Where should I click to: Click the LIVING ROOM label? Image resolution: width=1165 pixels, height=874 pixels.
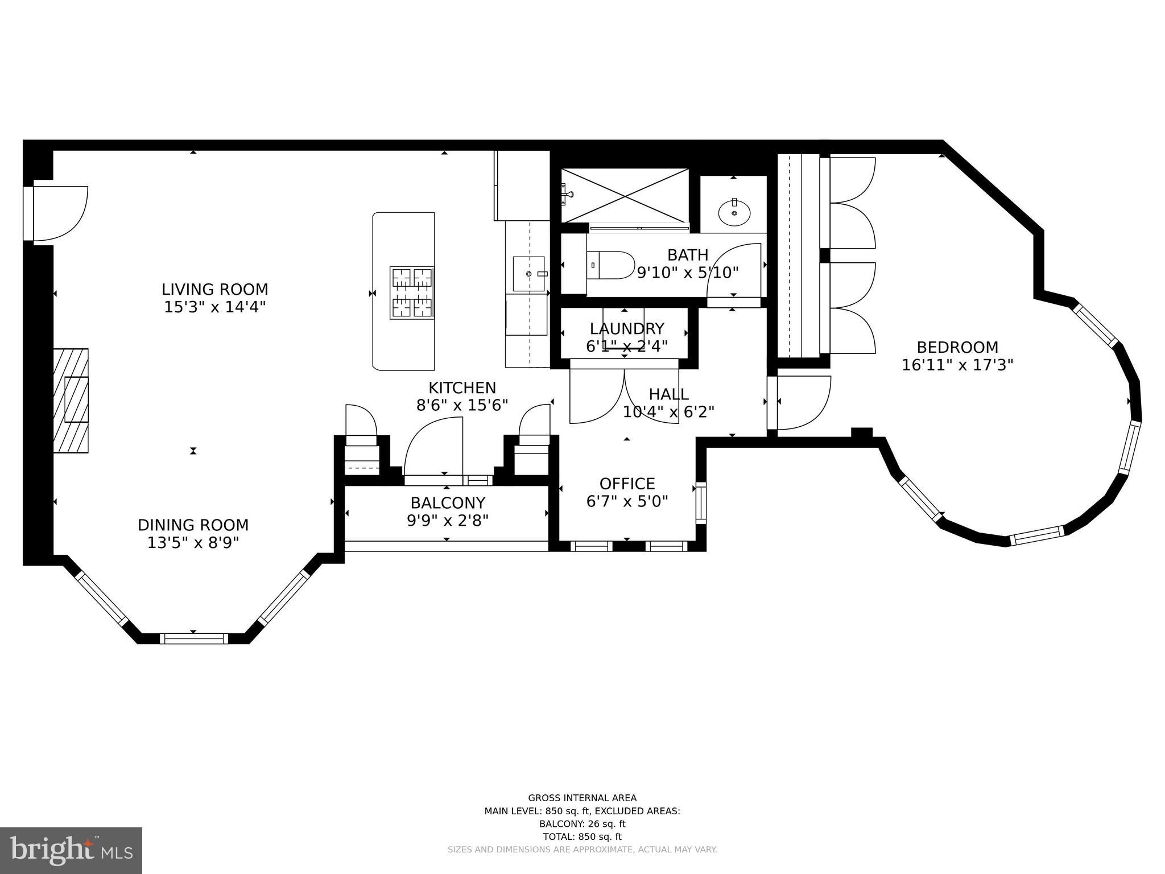point(214,289)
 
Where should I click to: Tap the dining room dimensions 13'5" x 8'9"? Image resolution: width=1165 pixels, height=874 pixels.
point(193,543)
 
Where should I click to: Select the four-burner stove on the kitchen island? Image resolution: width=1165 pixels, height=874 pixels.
point(412,292)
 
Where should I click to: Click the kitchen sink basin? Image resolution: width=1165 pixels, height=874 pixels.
point(528,274)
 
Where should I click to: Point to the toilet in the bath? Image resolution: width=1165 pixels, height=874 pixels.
point(612,265)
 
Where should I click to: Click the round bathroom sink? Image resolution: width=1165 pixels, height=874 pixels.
point(734,213)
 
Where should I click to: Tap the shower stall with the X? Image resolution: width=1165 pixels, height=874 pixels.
point(625,196)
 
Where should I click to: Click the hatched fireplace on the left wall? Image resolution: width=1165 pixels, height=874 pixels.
point(71,400)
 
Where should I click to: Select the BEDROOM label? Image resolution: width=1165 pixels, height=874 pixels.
point(957,347)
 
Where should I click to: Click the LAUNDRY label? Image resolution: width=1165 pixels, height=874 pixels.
point(627,329)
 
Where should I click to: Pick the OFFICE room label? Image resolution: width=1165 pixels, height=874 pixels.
point(627,484)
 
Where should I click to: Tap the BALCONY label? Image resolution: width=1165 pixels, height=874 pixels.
point(448,503)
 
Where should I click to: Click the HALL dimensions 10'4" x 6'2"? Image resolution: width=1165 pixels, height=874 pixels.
point(668,412)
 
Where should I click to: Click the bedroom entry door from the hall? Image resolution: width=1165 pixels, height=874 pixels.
point(802,402)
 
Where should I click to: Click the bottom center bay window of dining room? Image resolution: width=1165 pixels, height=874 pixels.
point(193,638)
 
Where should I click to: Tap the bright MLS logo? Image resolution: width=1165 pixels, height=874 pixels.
point(71,850)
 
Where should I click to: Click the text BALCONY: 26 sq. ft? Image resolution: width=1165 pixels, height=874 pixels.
point(582,823)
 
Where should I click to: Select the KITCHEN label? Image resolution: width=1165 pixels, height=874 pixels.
point(462,388)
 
